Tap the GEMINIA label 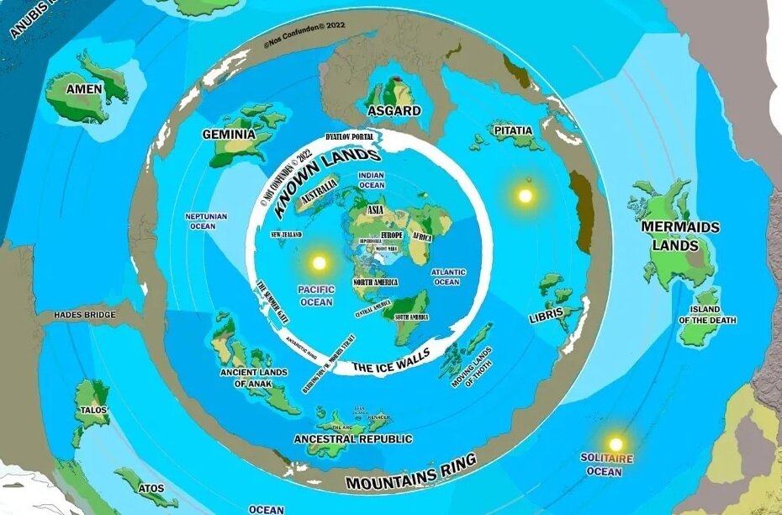pyautogui.click(x=229, y=134)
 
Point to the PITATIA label pyautogui.click(x=513, y=130)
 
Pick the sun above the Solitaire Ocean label pyautogui.click(x=616, y=443)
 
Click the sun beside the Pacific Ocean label pyautogui.click(x=319, y=263)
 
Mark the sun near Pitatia pyautogui.click(x=526, y=195)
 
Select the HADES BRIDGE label pyautogui.click(x=84, y=315)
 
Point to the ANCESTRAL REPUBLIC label pyautogui.click(x=352, y=438)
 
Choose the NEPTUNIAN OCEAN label pyautogui.click(x=206, y=220)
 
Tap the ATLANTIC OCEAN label pyautogui.click(x=447, y=277)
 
